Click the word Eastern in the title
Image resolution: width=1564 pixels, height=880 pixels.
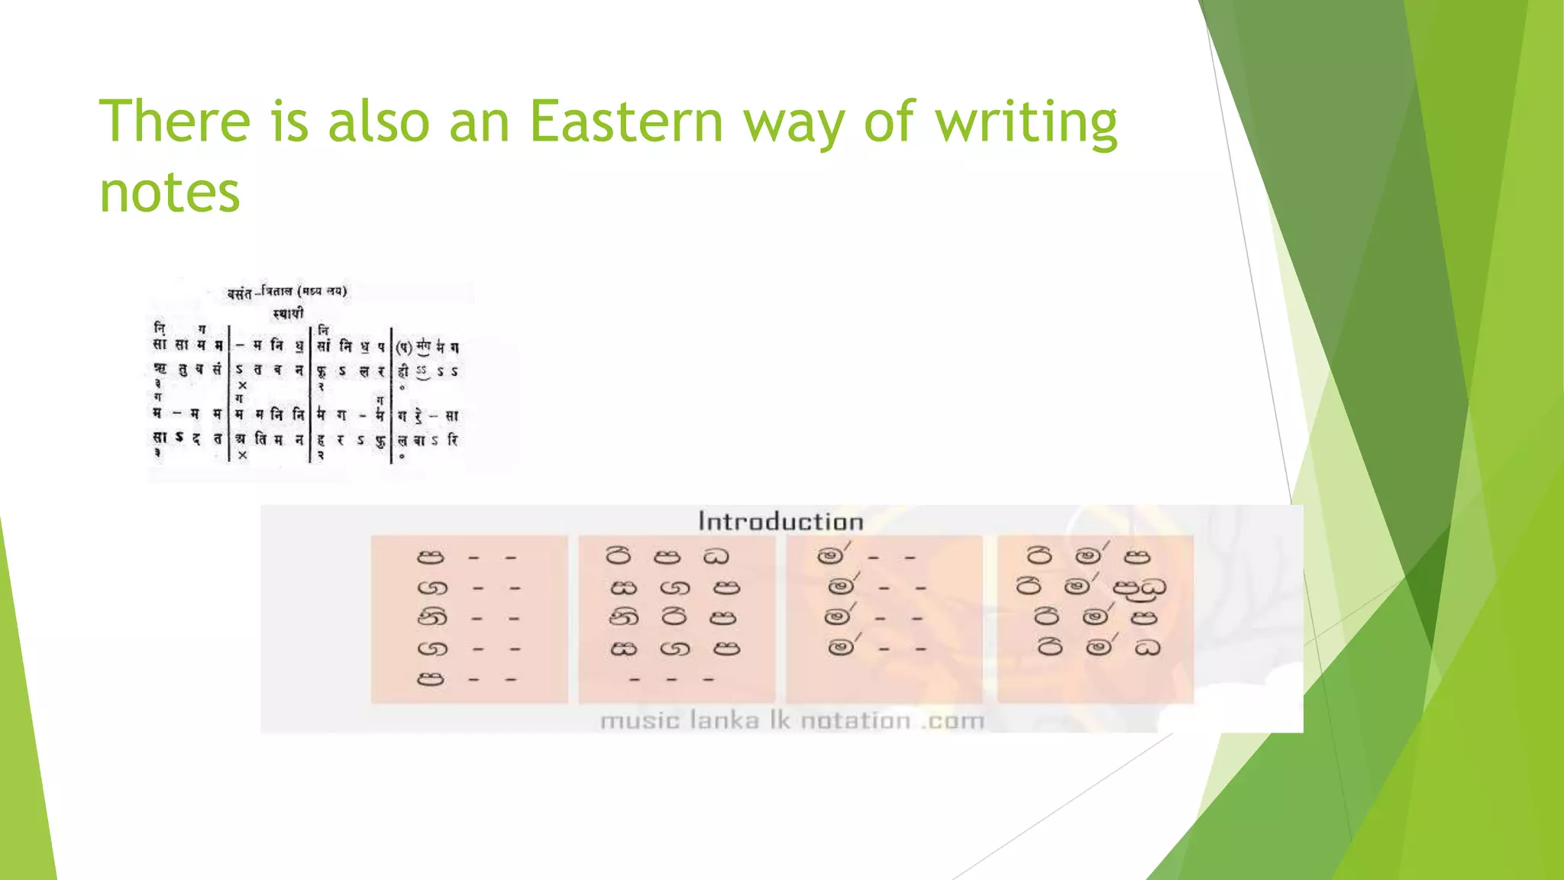point(625,122)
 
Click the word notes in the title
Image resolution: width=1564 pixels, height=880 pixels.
point(170,192)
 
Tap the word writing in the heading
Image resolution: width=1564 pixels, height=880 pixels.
point(1026,122)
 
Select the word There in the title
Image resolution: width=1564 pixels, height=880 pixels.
point(175,122)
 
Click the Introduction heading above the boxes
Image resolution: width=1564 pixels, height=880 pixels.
point(780,522)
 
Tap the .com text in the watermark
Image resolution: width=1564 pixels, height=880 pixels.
point(952,720)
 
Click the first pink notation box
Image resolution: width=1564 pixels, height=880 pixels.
point(469,619)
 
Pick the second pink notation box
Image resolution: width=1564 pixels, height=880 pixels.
point(677,619)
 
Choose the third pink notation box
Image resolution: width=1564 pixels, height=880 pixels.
point(884,619)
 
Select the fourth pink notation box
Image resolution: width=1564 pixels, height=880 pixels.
point(1094,619)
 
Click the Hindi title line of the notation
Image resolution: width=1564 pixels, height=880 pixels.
point(287,292)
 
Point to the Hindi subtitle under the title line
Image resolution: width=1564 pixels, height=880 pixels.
point(288,313)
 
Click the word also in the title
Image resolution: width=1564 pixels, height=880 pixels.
point(379,122)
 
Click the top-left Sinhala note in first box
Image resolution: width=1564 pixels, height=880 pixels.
point(430,557)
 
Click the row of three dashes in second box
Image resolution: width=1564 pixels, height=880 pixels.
point(671,679)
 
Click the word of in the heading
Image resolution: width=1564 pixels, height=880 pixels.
point(889,122)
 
